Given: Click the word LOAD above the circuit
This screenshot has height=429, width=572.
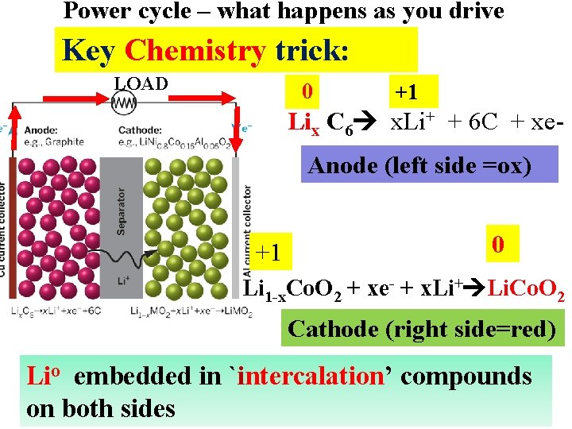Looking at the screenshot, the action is point(141,83).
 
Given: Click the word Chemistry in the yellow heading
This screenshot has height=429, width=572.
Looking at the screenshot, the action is point(195,51).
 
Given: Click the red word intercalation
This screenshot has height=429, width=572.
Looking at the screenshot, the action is point(311,376).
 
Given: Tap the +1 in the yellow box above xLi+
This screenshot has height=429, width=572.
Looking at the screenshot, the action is point(407,93).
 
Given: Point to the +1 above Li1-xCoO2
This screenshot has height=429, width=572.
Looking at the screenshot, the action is point(269,253).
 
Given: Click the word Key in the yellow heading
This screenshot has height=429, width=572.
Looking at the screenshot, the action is point(87,51).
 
